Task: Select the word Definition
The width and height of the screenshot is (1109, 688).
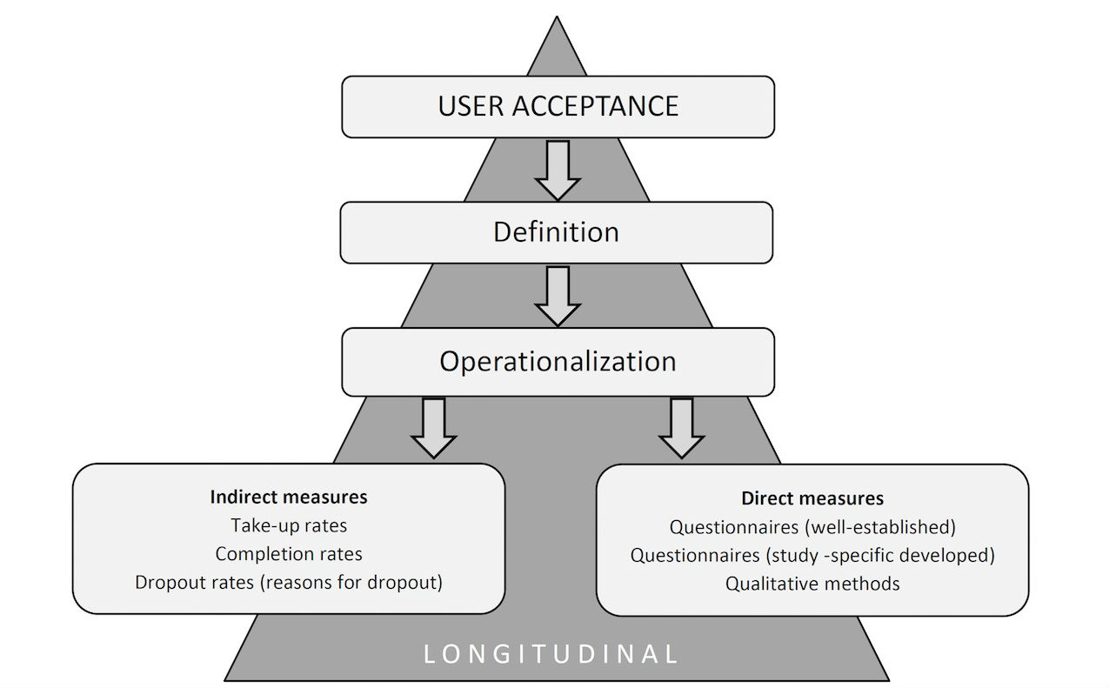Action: pyautogui.click(x=556, y=232)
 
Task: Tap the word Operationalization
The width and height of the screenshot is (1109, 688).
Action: pyautogui.click(x=557, y=361)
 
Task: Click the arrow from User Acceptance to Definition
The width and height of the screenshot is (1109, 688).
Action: pyautogui.click(x=557, y=170)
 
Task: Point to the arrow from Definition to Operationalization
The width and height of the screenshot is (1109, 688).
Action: pyautogui.click(x=557, y=296)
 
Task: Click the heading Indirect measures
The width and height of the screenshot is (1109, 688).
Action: pyautogui.click(x=289, y=498)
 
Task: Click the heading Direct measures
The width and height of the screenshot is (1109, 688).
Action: pyautogui.click(x=812, y=498)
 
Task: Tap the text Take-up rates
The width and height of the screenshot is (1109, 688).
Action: pyautogui.click(x=289, y=525)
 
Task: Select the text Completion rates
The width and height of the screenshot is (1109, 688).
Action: pyautogui.click(x=289, y=554)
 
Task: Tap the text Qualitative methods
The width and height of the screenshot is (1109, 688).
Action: pyautogui.click(x=812, y=584)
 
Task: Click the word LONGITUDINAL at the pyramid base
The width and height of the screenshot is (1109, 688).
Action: pyautogui.click(x=551, y=654)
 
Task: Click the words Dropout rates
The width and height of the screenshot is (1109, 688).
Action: pyautogui.click(x=194, y=582)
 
